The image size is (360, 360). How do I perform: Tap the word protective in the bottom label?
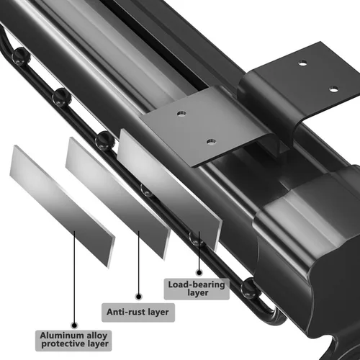tap(63, 344)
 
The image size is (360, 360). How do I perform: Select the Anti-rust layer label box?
tap(138, 312)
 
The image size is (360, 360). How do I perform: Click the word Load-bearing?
tap(197, 284)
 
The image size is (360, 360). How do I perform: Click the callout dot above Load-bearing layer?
tap(199, 273)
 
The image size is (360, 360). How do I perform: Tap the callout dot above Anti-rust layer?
tap(138, 297)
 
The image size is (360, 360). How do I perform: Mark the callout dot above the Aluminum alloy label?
tap(75, 325)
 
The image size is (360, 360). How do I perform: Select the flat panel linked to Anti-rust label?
tap(117, 198)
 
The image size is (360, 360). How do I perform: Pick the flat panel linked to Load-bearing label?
tap(169, 189)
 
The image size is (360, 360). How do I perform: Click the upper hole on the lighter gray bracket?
tap(181, 113)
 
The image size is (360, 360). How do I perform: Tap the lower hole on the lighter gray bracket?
tap(211, 142)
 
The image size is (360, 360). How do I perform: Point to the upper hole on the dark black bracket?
tap(302, 63)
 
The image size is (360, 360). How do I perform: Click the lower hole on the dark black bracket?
tap(333, 89)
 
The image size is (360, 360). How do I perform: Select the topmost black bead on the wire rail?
tap(21, 56)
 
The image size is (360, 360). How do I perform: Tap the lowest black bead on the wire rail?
tap(250, 288)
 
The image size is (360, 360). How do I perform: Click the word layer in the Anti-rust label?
tap(158, 312)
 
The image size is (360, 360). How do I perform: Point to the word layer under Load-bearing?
tap(198, 293)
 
